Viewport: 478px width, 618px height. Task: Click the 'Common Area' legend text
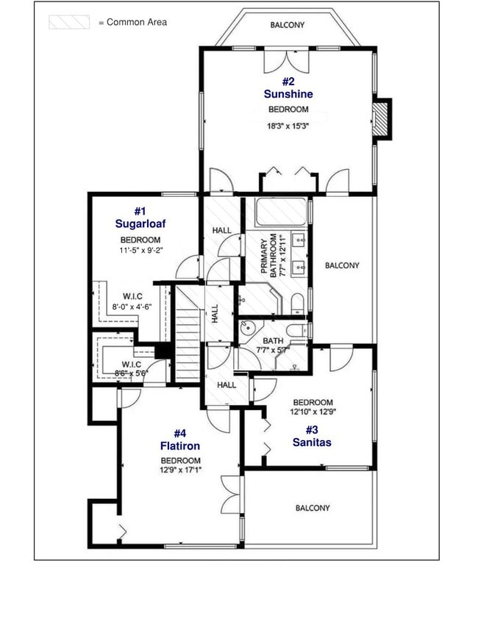pyautogui.click(x=137, y=22)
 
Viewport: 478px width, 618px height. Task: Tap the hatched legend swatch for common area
pyautogui.click(x=69, y=23)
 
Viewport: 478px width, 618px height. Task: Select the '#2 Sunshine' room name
pyautogui.click(x=288, y=88)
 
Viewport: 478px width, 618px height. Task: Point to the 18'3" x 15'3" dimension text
pyautogui.click(x=288, y=126)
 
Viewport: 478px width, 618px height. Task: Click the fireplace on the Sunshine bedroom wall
pyautogui.click(x=382, y=118)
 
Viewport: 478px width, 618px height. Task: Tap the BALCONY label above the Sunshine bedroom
pyautogui.click(x=288, y=25)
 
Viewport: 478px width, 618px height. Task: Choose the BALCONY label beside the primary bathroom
pyautogui.click(x=342, y=265)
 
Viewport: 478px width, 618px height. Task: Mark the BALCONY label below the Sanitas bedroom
pyautogui.click(x=313, y=508)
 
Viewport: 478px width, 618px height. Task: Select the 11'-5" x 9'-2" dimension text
pyautogui.click(x=140, y=250)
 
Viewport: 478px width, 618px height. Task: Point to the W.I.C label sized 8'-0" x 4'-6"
pyautogui.click(x=132, y=301)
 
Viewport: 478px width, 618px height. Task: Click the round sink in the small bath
pyautogui.click(x=247, y=328)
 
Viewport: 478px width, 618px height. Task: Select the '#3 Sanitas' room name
pyautogui.click(x=312, y=436)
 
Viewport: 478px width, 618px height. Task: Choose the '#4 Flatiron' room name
pyautogui.click(x=180, y=439)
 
